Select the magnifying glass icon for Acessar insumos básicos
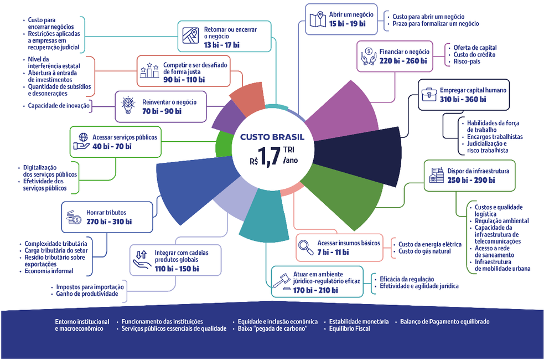(306, 247)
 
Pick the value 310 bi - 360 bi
(463, 99)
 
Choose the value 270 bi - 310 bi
(109, 222)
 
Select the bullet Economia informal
(49, 271)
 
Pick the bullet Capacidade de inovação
(59, 105)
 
